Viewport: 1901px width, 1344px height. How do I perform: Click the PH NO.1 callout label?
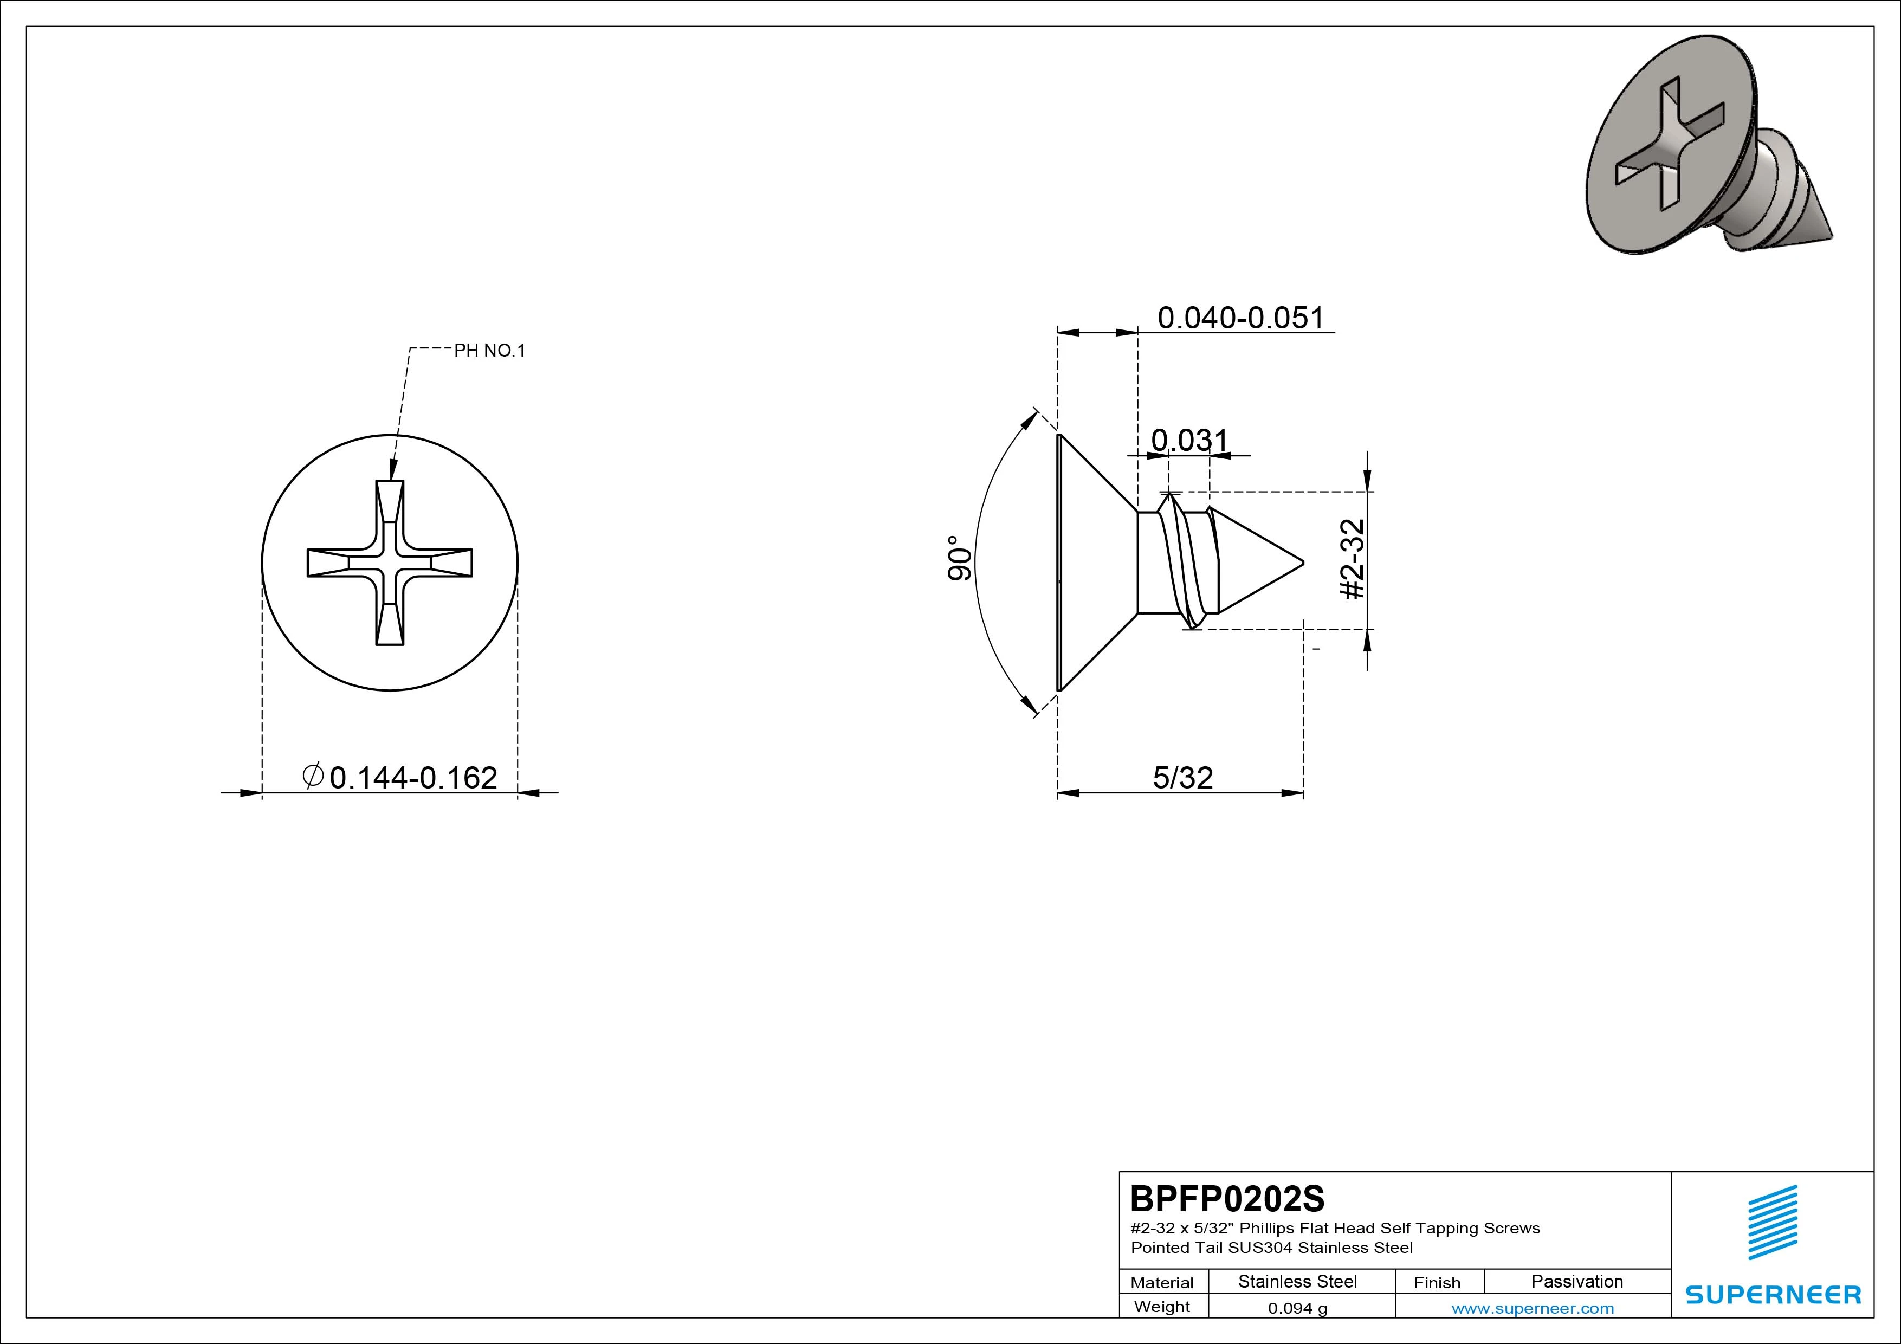489,350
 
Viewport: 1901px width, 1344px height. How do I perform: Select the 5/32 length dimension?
1183,778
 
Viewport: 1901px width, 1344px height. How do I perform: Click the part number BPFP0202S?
1227,1198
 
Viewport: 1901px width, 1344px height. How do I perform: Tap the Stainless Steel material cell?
1297,1281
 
